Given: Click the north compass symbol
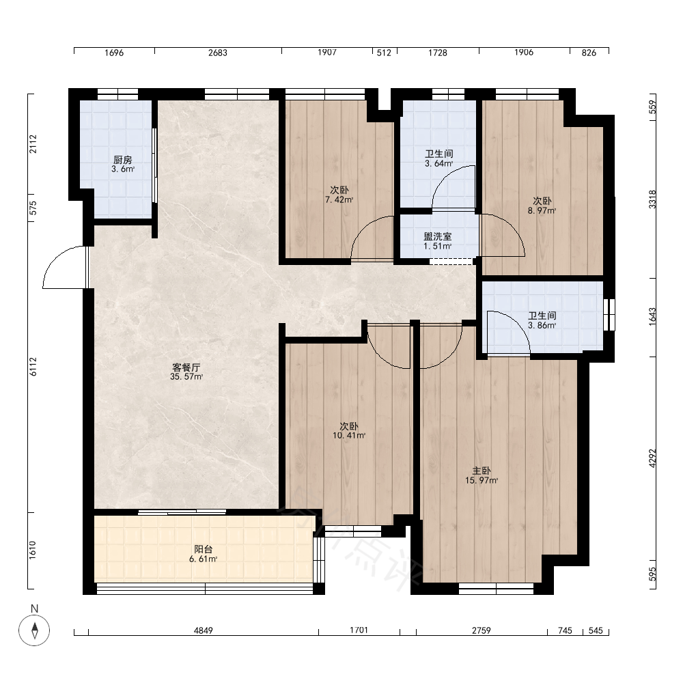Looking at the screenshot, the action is (34, 630).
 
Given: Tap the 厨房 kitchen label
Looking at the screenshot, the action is (123, 164).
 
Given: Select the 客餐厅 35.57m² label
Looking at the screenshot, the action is (186, 372).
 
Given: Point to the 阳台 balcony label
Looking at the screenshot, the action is (204, 554).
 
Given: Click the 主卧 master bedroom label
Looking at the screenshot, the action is (482, 475).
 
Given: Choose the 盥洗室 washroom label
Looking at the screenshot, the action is (438, 241).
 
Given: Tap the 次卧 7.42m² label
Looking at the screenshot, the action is (339, 195).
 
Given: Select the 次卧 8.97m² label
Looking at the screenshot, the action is (542, 206).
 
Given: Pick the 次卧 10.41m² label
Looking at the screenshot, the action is (349, 430).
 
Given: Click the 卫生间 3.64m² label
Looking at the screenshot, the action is (439, 158).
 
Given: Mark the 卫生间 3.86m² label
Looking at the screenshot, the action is (542, 320).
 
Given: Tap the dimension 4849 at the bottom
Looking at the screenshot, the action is (204, 630).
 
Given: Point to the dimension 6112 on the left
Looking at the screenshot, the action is (33, 367).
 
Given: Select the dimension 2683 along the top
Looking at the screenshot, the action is (218, 53).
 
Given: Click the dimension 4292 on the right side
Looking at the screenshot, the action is (652, 458).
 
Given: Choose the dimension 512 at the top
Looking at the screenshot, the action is (384, 53).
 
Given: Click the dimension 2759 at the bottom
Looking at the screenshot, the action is (482, 630).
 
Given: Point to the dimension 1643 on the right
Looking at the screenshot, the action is (652, 317).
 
